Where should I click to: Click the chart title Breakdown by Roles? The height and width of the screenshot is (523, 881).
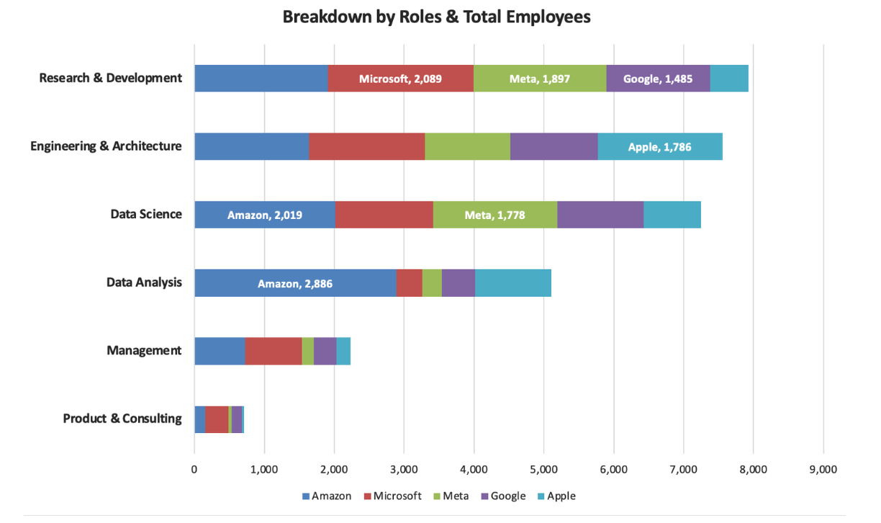[x=436, y=17]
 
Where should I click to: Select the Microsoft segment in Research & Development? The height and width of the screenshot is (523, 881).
[x=401, y=79]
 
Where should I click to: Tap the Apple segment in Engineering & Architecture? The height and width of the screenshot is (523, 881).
[x=660, y=147]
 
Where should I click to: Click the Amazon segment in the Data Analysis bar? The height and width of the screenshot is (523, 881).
[x=295, y=283]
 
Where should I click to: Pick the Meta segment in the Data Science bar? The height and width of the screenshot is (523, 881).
[x=495, y=215]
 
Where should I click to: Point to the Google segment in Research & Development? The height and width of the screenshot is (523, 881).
[x=658, y=79]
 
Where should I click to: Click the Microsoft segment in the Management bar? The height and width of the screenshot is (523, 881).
[x=274, y=351]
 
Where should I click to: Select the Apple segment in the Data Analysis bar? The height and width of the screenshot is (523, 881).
[x=513, y=283]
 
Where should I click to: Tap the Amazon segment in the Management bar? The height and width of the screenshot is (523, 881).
[x=220, y=351]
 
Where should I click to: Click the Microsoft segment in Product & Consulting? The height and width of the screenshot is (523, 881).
[x=217, y=419]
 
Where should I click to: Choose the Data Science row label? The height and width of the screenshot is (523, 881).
[x=146, y=214]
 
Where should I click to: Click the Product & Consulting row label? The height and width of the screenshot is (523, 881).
[x=122, y=419]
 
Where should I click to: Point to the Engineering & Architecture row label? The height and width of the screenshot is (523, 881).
[x=106, y=146]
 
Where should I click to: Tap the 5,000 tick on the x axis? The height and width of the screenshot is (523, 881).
[x=543, y=470]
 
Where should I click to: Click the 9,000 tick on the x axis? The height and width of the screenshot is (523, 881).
[x=823, y=470]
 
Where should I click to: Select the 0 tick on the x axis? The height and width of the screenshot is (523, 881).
[x=194, y=470]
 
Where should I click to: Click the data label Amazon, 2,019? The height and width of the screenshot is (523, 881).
[x=264, y=215]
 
